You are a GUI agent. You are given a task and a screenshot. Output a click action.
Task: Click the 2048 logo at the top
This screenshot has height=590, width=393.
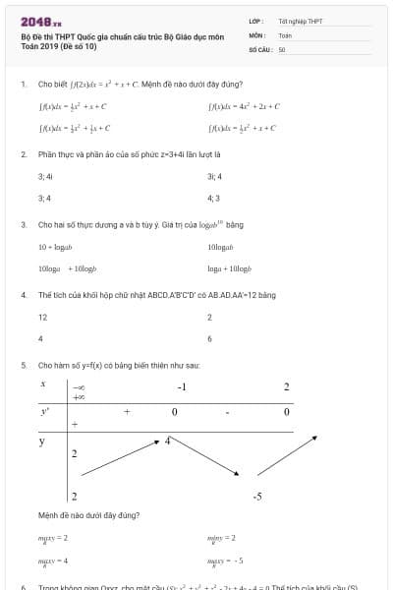[x=40, y=21]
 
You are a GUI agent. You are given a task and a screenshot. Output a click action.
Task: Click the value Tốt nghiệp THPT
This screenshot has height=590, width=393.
[x=301, y=21]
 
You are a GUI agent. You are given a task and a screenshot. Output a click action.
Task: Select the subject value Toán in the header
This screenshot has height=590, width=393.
[x=285, y=34]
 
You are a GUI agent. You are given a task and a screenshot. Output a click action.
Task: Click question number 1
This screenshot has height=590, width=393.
[x=23, y=84]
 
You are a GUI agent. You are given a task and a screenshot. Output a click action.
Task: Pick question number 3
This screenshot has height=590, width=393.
[x=23, y=224]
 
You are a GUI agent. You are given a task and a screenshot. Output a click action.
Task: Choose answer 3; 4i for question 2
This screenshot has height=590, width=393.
[x=45, y=176]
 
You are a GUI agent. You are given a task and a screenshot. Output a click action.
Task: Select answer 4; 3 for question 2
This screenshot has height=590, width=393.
[x=214, y=198]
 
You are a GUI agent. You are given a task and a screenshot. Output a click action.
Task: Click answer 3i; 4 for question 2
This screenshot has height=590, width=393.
[x=214, y=176]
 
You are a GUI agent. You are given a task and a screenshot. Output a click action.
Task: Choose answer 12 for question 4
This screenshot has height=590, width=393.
[x=42, y=318]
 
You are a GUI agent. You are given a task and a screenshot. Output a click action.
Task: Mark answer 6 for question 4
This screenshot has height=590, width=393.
[x=210, y=339]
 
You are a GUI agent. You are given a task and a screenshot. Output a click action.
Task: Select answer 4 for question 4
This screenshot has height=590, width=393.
[x=40, y=339]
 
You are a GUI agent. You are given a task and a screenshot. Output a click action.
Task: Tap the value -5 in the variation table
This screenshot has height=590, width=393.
[x=256, y=497]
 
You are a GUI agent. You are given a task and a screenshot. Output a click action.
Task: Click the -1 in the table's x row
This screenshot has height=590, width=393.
[x=182, y=386]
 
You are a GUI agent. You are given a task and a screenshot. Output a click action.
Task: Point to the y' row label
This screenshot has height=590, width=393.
[x=44, y=411]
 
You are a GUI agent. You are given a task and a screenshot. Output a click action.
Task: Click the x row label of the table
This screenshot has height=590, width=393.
[x=43, y=384]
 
